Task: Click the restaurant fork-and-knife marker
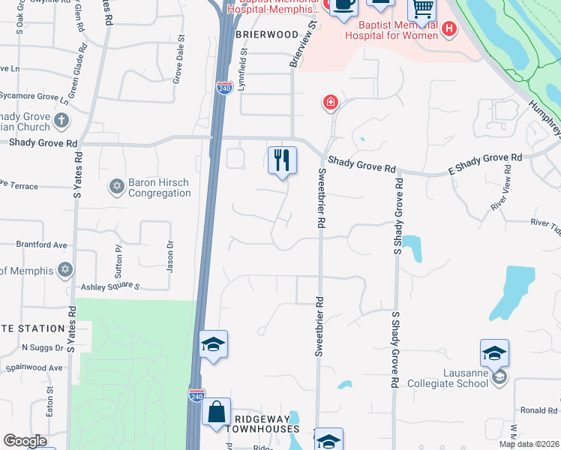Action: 282,160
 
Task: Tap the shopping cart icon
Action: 422,10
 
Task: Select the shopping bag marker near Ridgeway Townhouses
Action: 216,412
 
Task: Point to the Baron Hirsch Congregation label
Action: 159,187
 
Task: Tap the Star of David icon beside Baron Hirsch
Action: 116,186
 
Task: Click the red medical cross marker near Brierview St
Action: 329,102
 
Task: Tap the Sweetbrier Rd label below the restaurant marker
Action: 321,199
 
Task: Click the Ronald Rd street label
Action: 538,410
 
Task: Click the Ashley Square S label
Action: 111,286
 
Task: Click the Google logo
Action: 25,441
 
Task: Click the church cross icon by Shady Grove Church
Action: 61,120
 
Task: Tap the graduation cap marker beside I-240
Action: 213,345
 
